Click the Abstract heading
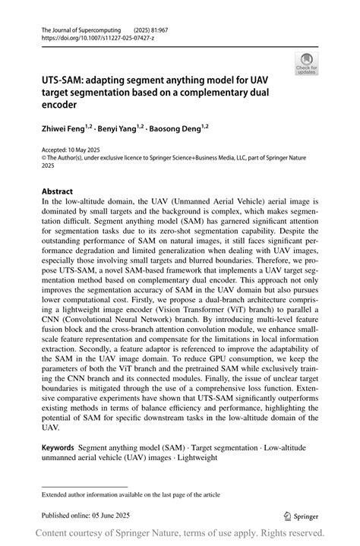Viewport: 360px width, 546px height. click(57, 191)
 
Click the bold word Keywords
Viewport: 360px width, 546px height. click(62, 449)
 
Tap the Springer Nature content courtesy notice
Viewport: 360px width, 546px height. click(179, 533)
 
